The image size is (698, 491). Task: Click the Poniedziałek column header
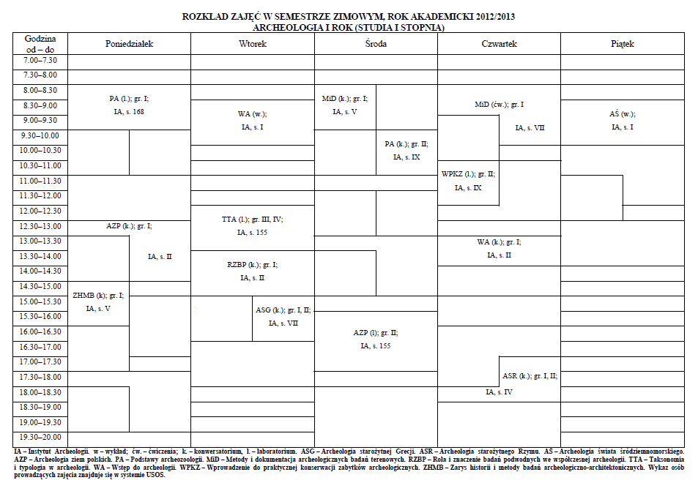pyautogui.click(x=129, y=44)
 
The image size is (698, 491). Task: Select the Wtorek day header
pyautogui.click(x=253, y=44)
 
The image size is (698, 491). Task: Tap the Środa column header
pyautogui.click(x=376, y=44)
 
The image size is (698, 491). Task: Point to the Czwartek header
pyautogui.click(x=499, y=44)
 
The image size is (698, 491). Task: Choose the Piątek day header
pyautogui.click(x=623, y=44)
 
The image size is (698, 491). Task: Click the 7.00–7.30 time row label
pyautogui.click(x=40, y=60)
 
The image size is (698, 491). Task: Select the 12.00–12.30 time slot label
pyautogui.click(x=40, y=211)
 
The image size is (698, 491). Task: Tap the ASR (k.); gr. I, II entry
pyautogui.click(x=530, y=376)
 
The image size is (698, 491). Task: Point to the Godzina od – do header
pyautogui.click(x=40, y=44)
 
